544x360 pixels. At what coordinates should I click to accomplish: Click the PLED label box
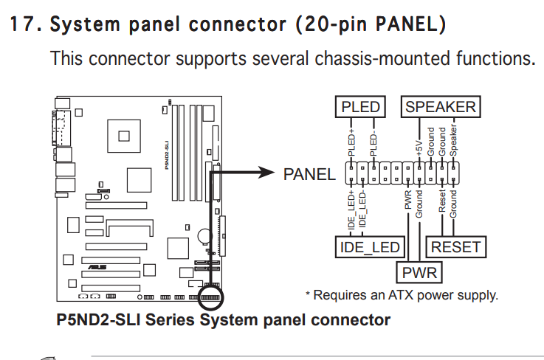click(x=360, y=108)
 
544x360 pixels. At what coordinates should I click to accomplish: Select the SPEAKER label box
click(x=441, y=108)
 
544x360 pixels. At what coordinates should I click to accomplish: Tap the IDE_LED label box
click(x=368, y=247)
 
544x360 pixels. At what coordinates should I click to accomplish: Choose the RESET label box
click(x=456, y=247)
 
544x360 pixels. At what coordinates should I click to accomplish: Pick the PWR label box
click(x=420, y=274)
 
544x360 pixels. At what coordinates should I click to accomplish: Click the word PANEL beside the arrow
click(x=309, y=175)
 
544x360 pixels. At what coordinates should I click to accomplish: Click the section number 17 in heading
click(x=22, y=24)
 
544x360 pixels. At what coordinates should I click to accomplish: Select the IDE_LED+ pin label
click(x=351, y=207)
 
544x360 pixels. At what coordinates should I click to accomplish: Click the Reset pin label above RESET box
click(x=442, y=201)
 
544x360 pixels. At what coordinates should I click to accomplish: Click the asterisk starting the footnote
click(x=309, y=294)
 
